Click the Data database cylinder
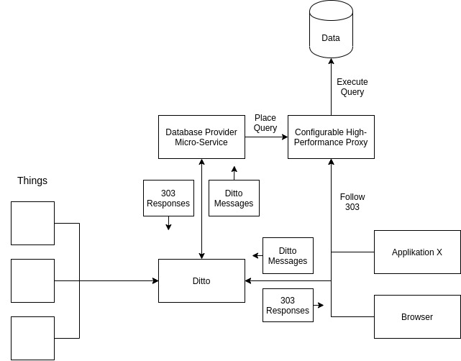tap(331, 30)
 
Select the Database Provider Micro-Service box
tap(201, 137)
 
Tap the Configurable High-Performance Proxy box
tap(331, 137)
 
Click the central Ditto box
tap(201, 280)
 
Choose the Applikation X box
tap(417, 252)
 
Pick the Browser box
tap(417, 316)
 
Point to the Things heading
tap(32, 180)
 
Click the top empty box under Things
tap(32, 223)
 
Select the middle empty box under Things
tap(32, 280)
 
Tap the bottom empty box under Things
tap(32, 338)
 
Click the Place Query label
tap(265, 123)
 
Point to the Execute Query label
tap(351, 86)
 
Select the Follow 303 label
tap(352, 202)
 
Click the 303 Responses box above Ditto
tap(168, 198)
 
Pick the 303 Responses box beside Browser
tap(288, 305)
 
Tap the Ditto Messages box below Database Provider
tap(234, 198)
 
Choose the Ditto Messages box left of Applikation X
tap(288, 255)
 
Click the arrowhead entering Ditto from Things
tap(155, 280)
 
